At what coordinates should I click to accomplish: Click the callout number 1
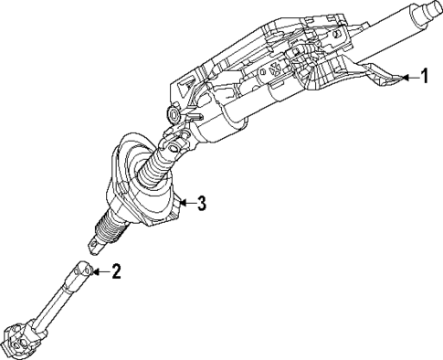[424, 77]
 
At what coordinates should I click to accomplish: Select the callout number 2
[115, 270]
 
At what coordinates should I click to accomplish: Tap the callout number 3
[201, 203]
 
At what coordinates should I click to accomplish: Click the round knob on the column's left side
[174, 116]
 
